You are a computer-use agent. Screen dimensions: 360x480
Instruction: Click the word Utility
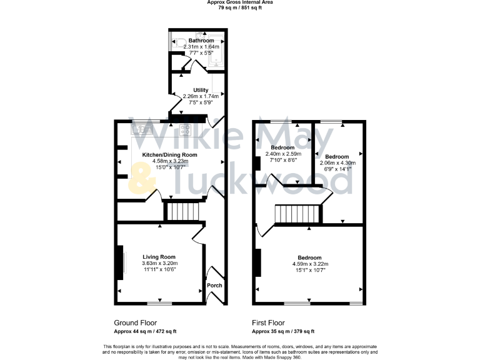coord(201,90)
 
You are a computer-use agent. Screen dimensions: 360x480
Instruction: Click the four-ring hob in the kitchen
coord(185,129)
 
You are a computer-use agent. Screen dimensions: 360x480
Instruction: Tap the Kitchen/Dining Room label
coord(169,154)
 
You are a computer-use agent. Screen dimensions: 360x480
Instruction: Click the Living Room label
coord(159,257)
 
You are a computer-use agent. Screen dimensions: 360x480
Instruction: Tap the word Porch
coord(215,286)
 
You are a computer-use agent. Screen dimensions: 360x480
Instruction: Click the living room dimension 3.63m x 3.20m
coord(159,264)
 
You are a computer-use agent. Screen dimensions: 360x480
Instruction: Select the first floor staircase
coord(297,215)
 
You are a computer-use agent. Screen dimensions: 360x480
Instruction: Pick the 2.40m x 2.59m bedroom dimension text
coord(282,154)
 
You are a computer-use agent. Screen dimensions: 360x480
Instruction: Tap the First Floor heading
coord(272,324)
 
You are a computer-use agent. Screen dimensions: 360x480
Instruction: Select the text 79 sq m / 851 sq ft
coord(240,7)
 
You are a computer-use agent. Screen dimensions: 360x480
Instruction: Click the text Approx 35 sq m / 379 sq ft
coord(282,332)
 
